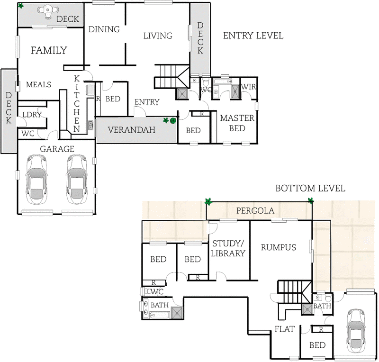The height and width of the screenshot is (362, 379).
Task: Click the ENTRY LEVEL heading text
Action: click(x=253, y=36)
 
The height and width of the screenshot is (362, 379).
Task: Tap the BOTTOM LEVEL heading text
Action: click(x=310, y=189)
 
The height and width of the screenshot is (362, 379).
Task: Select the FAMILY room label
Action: click(x=49, y=50)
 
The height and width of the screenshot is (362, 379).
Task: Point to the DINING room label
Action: click(x=104, y=29)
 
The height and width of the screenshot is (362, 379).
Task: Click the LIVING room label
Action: click(x=157, y=36)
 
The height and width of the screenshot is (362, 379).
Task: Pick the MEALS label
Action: click(x=38, y=84)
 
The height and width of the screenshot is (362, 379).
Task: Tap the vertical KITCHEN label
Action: click(x=77, y=103)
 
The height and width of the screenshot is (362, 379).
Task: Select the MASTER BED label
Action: click(x=237, y=123)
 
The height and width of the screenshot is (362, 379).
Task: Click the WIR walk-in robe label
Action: click(x=249, y=87)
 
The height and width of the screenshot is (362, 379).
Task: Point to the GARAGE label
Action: click(x=56, y=148)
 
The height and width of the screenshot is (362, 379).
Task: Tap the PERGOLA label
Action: click(x=255, y=211)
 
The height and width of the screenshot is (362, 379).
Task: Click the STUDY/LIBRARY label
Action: click(x=228, y=249)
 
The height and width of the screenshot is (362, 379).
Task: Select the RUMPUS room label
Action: click(x=279, y=247)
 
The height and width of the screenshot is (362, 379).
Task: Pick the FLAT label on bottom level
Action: click(x=285, y=329)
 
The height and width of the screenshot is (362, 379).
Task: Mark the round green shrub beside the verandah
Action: click(x=173, y=121)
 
